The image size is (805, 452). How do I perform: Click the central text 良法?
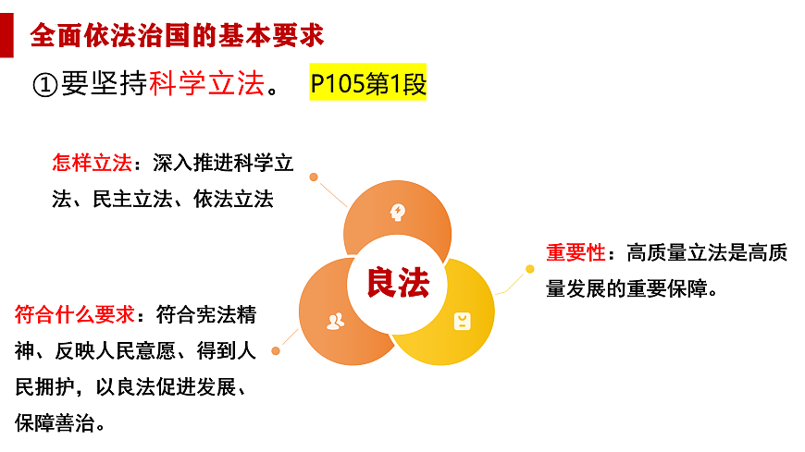(x=398, y=283)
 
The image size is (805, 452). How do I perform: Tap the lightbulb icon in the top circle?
(x=398, y=212)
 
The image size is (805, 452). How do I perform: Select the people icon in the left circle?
(x=335, y=321)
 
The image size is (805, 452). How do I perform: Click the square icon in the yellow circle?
(x=461, y=321)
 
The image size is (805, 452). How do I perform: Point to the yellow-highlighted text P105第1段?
(x=368, y=84)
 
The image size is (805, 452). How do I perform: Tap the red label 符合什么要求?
(x=75, y=314)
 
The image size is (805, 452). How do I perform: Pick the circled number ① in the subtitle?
(x=45, y=84)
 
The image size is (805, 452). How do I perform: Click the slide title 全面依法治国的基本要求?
(x=177, y=36)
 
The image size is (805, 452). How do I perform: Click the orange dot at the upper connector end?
(x=314, y=177)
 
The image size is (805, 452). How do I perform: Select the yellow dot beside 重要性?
(x=530, y=269)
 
